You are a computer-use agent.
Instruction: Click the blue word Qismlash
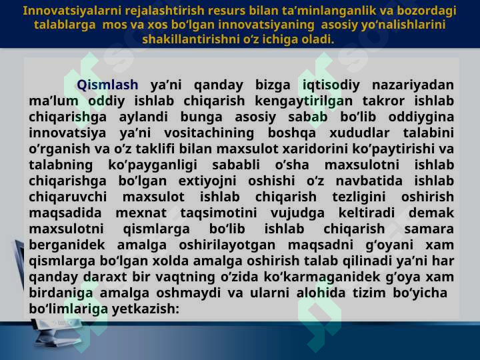[x=107, y=85]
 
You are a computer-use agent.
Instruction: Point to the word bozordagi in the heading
[x=427, y=11]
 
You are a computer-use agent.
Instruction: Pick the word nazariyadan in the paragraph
[x=413, y=85]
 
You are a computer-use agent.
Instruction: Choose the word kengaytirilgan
[x=304, y=101]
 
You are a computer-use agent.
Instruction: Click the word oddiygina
[x=421, y=117]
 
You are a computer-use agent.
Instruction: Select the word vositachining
[x=209, y=133]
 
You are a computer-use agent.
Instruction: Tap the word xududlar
[x=359, y=133]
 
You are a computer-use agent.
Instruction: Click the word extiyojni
[x=207, y=181]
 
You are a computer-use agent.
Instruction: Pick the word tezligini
[x=359, y=197]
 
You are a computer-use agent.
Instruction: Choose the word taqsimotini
[x=219, y=213]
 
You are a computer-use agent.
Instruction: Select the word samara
[x=429, y=229]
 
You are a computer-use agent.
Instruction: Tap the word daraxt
[x=105, y=277]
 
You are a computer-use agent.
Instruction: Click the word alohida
[x=321, y=293]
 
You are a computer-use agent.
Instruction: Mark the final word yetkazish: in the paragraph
[x=145, y=309]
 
